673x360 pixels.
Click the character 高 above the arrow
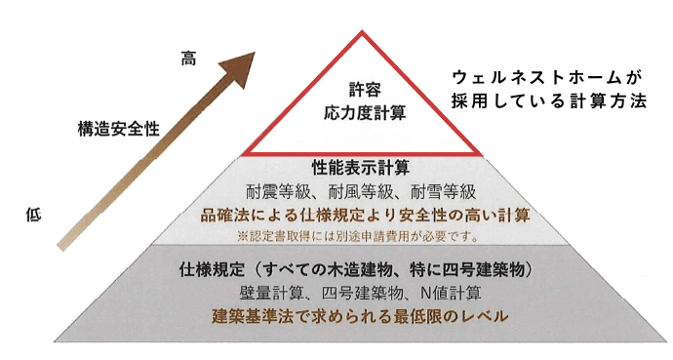pos(188,58)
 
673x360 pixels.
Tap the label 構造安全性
pos(119,127)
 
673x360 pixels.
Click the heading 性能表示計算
pos(360,168)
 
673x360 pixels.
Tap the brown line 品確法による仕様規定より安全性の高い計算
pos(363,215)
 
